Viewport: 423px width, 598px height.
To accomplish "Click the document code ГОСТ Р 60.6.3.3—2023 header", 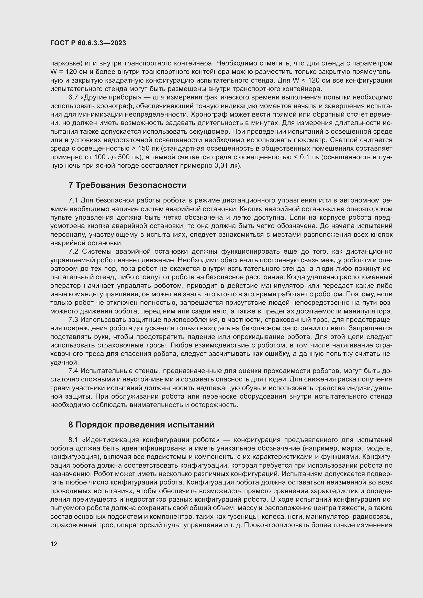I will click(x=88, y=43).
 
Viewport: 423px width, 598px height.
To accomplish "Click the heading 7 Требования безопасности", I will click(x=127, y=185).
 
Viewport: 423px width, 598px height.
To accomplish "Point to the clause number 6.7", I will click(x=73, y=97).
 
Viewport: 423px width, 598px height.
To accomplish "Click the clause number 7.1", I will click(x=73, y=200).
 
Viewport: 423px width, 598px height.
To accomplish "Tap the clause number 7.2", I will click(x=73, y=252).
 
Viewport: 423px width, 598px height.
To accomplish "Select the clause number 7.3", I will click(x=73, y=320).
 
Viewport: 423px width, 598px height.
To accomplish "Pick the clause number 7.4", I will click(x=73, y=371).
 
